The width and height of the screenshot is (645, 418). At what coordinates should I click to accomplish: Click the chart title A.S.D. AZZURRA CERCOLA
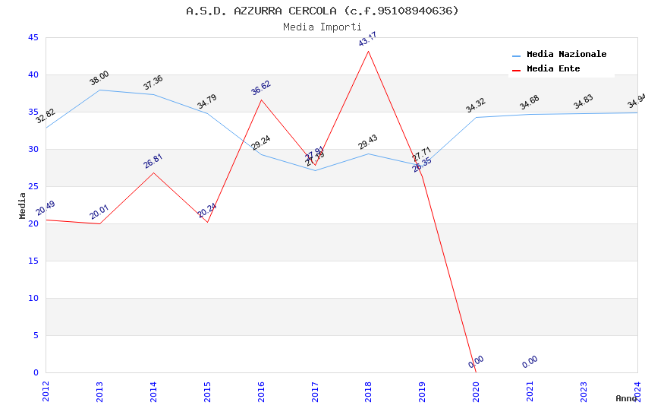[x=322, y=11]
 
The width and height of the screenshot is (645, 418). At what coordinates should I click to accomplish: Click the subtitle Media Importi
[x=322, y=27]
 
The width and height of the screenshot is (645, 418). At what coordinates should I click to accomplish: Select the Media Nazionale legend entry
[x=566, y=55]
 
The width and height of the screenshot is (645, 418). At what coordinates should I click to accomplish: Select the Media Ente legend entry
[x=553, y=69]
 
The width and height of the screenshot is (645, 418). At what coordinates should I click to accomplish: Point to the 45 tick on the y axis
[x=33, y=37]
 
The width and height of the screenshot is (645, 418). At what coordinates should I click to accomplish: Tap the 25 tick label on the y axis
[x=33, y=186]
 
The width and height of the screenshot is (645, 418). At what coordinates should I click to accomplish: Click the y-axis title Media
[x=23, y=205]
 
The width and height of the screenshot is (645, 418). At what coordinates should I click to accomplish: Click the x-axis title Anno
[x=626, y=398]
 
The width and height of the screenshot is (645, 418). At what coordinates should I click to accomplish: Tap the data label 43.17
[x=368, y=40]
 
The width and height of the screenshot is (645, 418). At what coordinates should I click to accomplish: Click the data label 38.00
[x=99, y=78]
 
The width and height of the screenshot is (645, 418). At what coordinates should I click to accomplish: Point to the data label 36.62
[x=261, y=88]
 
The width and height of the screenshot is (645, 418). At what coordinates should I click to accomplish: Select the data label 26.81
[x=153, y=161]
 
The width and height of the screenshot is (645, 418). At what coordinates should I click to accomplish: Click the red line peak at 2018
[x=369, y=51]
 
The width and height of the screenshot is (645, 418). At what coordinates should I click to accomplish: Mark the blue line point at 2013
[x=99, y=90]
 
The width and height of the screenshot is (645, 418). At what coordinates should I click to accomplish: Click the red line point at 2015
[x=207, y=222]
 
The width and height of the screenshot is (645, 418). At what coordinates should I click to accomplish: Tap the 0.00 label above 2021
[x=530, y=362]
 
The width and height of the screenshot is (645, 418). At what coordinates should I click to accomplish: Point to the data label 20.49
[x=46, y=208]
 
